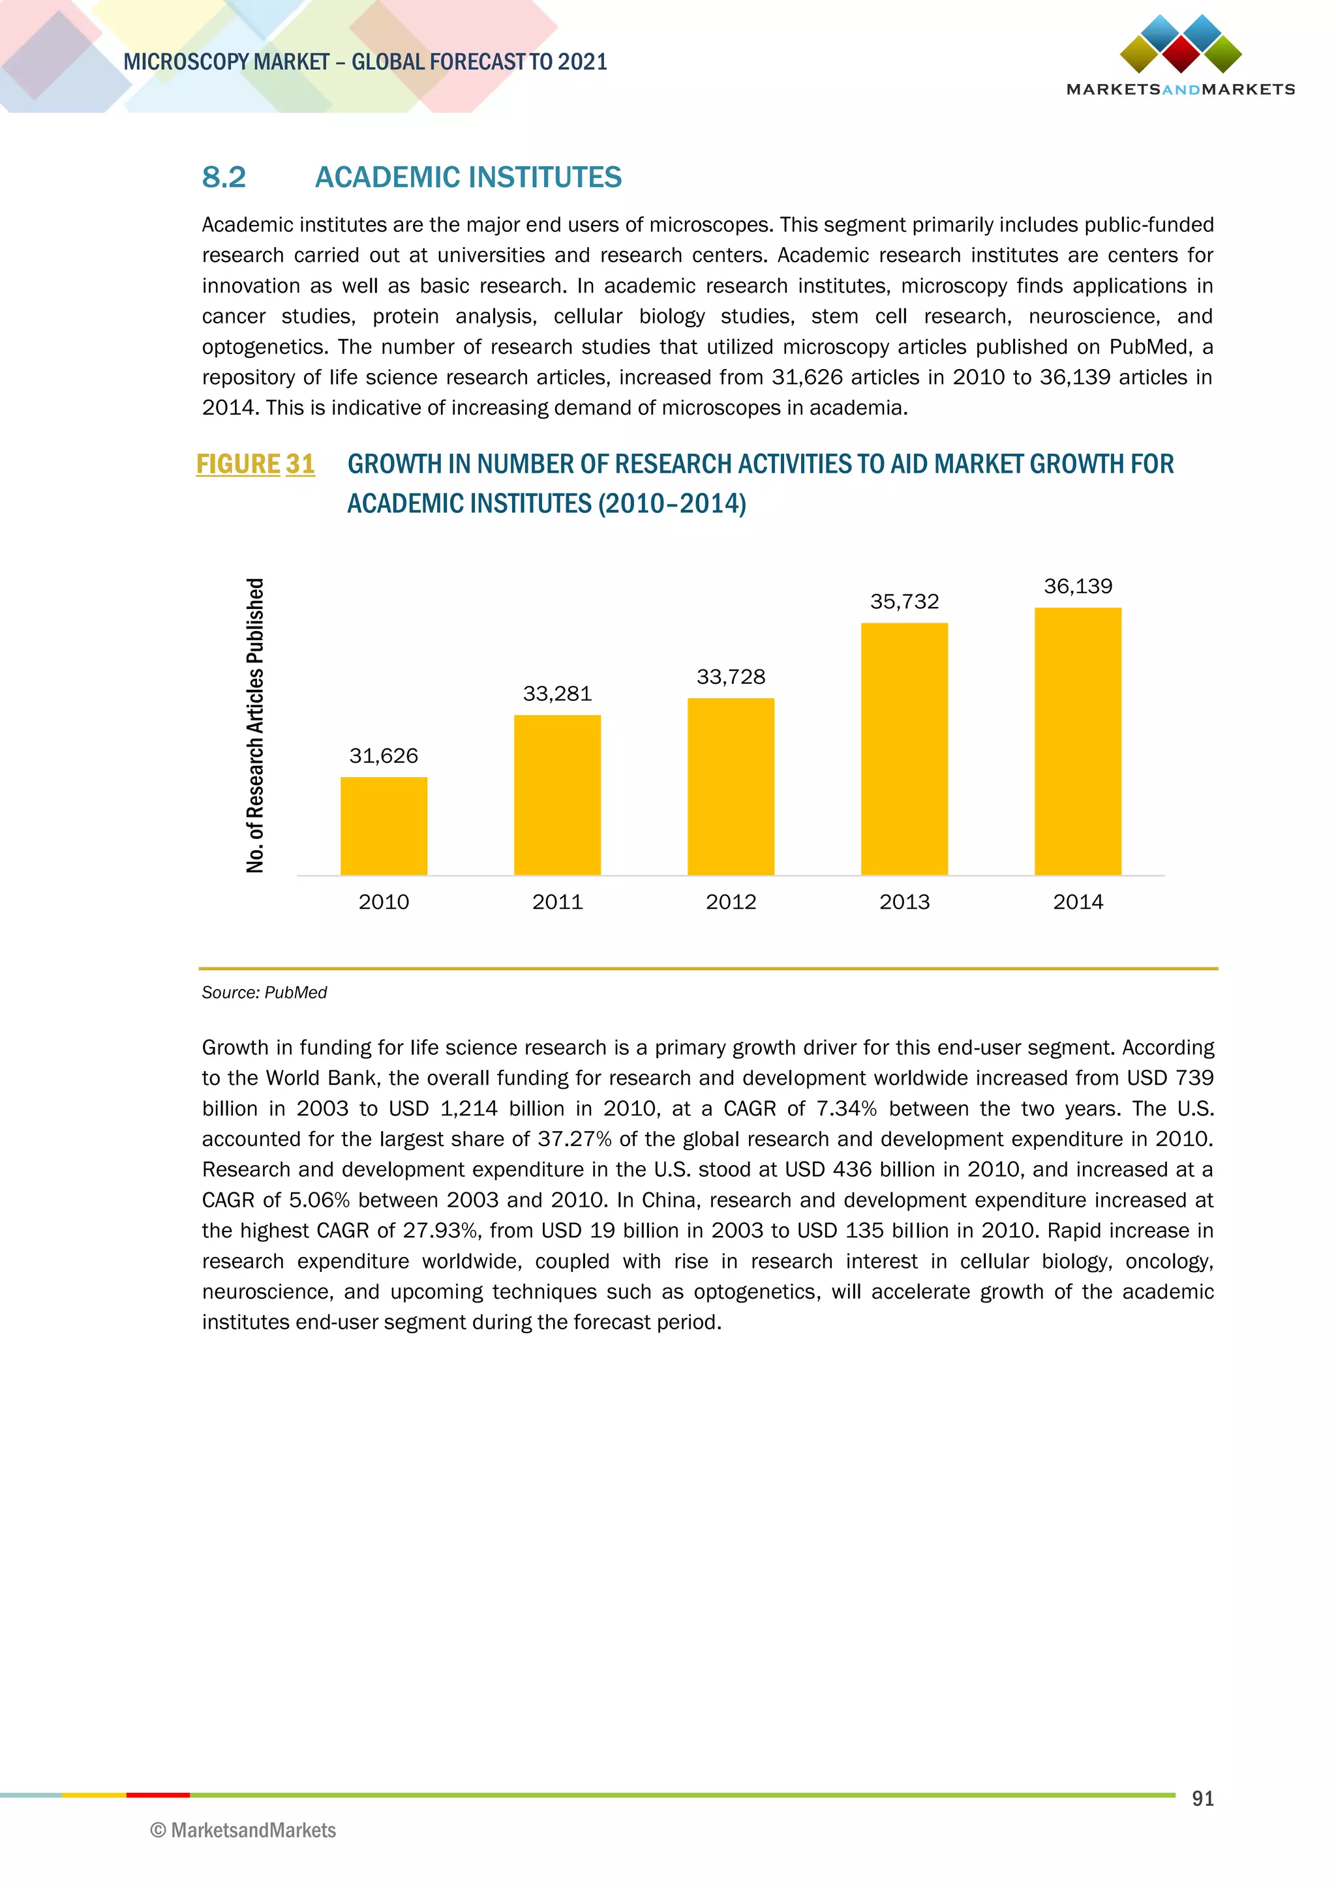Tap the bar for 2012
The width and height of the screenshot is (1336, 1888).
[731, 786]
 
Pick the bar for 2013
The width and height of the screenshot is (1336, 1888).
[904, 748]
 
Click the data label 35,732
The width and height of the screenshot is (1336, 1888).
[904, 602]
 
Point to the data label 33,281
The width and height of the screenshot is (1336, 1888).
[557, 694]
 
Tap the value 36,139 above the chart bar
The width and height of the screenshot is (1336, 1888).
[1078, 586]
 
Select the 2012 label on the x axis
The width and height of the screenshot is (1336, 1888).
[731, 902]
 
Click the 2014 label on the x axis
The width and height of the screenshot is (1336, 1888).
[1078, 902]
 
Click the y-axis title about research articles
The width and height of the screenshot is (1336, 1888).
[255, 725]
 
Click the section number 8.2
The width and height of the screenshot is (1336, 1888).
[224, 177]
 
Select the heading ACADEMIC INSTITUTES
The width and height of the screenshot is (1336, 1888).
[468, 177]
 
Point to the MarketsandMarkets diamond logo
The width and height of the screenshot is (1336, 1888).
[1181, 44]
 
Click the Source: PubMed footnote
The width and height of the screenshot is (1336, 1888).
[264, 992]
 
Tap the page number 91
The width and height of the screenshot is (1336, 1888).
[1203, 1799]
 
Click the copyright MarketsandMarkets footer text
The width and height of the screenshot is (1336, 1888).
[243, 1831]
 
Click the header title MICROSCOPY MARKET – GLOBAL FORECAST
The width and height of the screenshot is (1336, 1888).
[365, 63]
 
